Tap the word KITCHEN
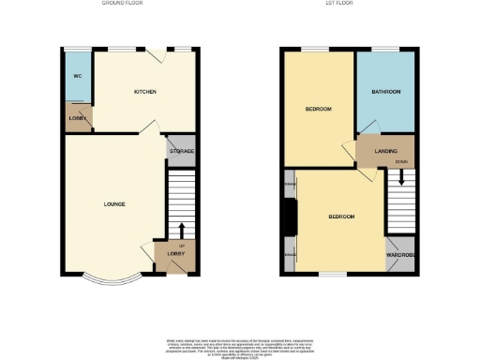[144, 92]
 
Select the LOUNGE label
[114, 203]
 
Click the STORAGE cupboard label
[182, 152]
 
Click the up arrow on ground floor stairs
[181, 230]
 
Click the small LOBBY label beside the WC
[78, 118]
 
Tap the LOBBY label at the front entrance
[175, 254]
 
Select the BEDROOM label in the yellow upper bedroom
[319, 110]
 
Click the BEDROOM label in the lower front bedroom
[341, 217]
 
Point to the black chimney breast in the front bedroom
[290, 219]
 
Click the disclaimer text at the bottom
[241, 346]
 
